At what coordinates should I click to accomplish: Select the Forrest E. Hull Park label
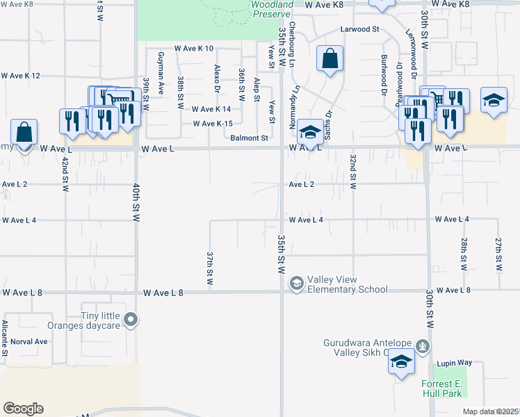coord(441,388)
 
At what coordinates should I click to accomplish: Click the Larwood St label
coord(359,30)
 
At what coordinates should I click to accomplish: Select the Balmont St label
coord(250,138)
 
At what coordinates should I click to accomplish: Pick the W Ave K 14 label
coord(211,109)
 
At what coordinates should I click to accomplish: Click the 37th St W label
coord(209,268)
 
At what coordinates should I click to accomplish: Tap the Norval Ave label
coord(30,341)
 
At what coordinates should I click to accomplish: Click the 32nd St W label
coord(352,171)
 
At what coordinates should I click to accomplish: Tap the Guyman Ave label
coord(161,73)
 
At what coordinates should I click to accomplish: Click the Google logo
coord(23,409)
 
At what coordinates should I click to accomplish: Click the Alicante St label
coord(4,338)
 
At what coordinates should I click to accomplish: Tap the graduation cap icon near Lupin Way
coord(401,362)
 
